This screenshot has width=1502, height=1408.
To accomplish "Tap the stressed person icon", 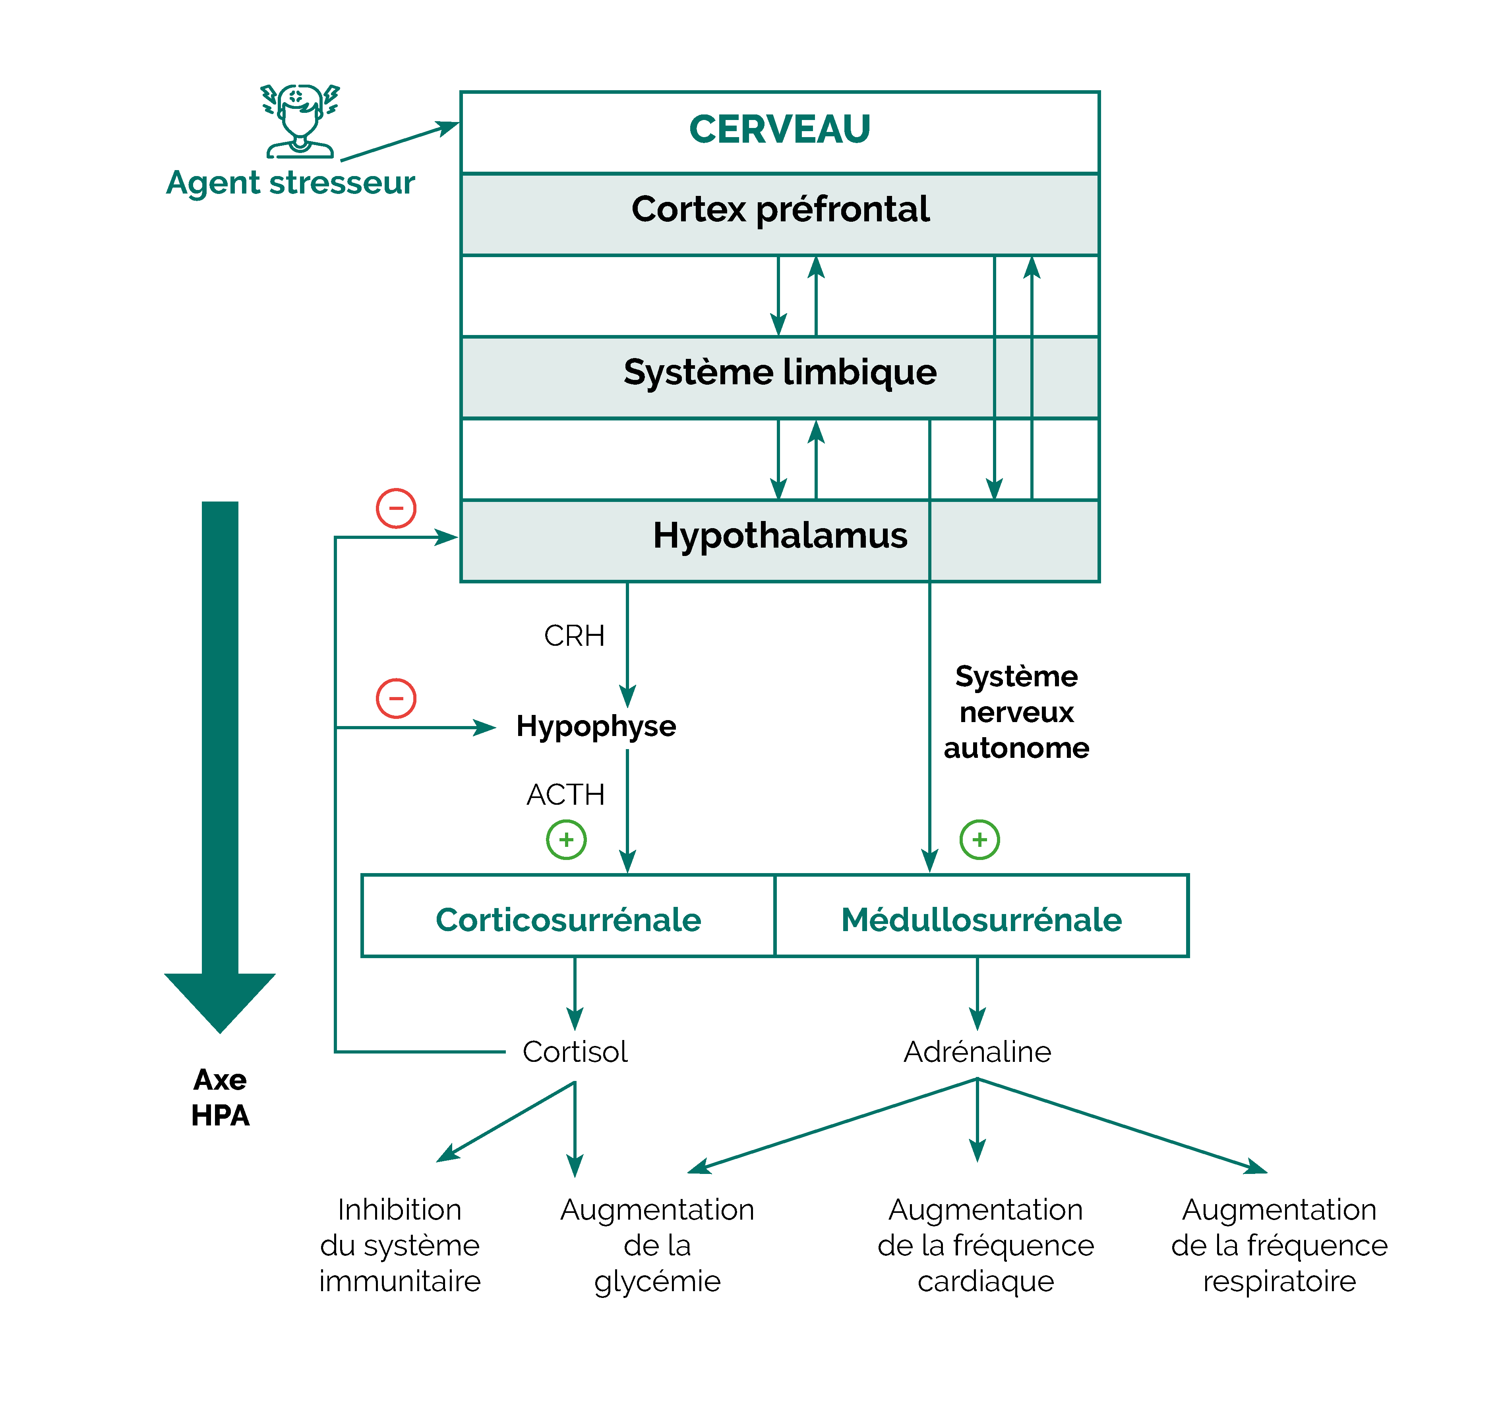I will pyautogui.click(x=300, y=121).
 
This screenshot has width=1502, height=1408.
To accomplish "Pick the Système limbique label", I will pyautogui.click(x=780, y=373).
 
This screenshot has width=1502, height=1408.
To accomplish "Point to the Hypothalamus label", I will pyautogui.click(x=780, y=536).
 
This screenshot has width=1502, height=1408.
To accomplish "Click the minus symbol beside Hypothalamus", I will pyautogui.click(x=396, y=508).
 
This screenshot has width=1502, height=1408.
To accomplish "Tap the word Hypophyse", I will pyautogui.click(x=596, y=726).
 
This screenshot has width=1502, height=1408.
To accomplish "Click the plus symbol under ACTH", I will pyautogui.click(x=566, y=840).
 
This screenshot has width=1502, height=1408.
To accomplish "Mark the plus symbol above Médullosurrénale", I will pyautogui.click(x=979, y=840).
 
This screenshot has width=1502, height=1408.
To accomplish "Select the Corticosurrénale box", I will pyautogui.click(x=568, y=920).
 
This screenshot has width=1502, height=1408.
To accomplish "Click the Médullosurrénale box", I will pyautogui.click(x=981, y=920).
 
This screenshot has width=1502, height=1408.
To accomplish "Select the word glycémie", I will pyautogui.click(x=657, y=1282).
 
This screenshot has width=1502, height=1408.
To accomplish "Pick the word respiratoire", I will pyautogui.click(x=1279, y=1282).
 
